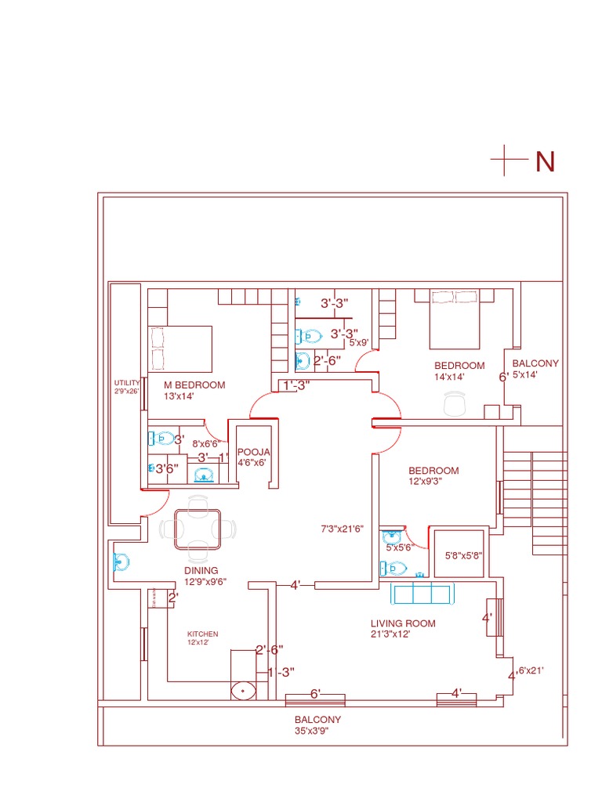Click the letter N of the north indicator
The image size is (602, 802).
click(545, 161)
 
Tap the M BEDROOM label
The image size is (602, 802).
click(194, 385)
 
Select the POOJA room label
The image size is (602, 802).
click(253, 452)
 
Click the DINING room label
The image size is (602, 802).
click(201, 570)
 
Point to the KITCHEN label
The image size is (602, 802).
click(202, 634)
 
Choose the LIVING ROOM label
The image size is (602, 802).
click(403, 623)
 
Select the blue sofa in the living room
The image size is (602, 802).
click(422, 593)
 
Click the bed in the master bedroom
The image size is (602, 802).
click(180, 349)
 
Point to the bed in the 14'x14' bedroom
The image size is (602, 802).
click(454, 320)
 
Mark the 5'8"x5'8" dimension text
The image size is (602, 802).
click(463, 555)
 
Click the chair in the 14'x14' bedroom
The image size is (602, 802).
click(454, 404)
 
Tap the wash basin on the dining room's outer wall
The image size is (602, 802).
click(121, 562)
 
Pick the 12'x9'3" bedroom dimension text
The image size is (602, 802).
click(426, 482)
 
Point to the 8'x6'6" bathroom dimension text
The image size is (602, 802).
click(205, 443)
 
